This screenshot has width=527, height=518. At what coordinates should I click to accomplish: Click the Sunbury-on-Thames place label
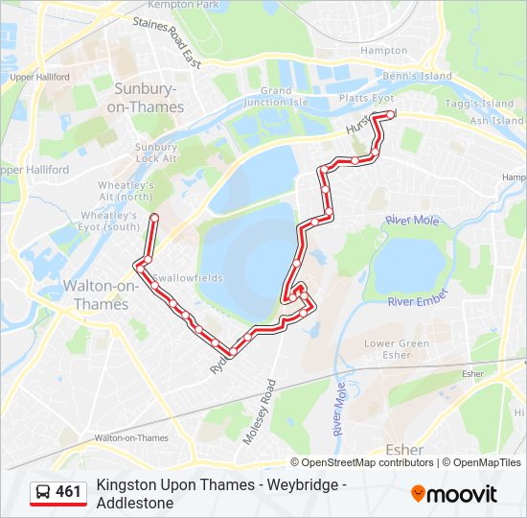[x=149, y=98]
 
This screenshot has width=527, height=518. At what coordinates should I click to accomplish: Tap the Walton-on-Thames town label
[x=95, y=294]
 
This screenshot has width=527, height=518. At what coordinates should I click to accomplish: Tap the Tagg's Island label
[x=478, y=104]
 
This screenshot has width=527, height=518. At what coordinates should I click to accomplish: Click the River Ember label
[x=418, y=301]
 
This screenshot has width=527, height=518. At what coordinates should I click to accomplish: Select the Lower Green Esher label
[x=396, y=348]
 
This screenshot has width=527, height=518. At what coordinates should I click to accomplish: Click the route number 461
[x=69, y=492]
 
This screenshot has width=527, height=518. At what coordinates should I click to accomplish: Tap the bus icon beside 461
[x=43, y=493]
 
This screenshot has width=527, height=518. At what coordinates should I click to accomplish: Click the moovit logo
[x=454, y=494]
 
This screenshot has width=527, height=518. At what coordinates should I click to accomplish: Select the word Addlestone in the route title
[x=135, y=503]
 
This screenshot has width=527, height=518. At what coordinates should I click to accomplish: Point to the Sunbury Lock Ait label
[x=155, y=153]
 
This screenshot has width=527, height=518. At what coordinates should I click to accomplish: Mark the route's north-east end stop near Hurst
[x=390, y=115]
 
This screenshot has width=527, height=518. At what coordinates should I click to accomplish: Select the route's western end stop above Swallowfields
[x=153, y=218]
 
